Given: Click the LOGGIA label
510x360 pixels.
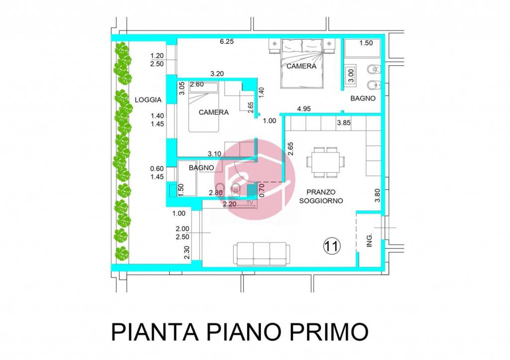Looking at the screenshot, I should pos(148,100).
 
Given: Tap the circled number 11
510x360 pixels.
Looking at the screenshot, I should pos(332,245).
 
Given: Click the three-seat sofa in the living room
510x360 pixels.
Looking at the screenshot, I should pos(261,254).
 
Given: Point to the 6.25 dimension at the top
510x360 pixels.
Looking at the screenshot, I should pos(227,42).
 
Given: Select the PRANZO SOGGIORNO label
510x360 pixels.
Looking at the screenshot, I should pos(320,196).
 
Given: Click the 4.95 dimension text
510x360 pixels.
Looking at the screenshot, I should pos(304,109).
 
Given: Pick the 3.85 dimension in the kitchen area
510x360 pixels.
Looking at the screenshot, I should pos(345,122).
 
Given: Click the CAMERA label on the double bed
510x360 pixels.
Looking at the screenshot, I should pos(301,66).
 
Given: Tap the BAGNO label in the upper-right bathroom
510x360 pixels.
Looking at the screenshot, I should pos(363,99).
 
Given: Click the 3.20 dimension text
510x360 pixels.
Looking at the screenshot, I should pos(217,74).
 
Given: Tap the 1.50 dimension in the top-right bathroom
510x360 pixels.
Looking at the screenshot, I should pos(366,43).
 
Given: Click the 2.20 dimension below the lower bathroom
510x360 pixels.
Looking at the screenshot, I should pos(230,204).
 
